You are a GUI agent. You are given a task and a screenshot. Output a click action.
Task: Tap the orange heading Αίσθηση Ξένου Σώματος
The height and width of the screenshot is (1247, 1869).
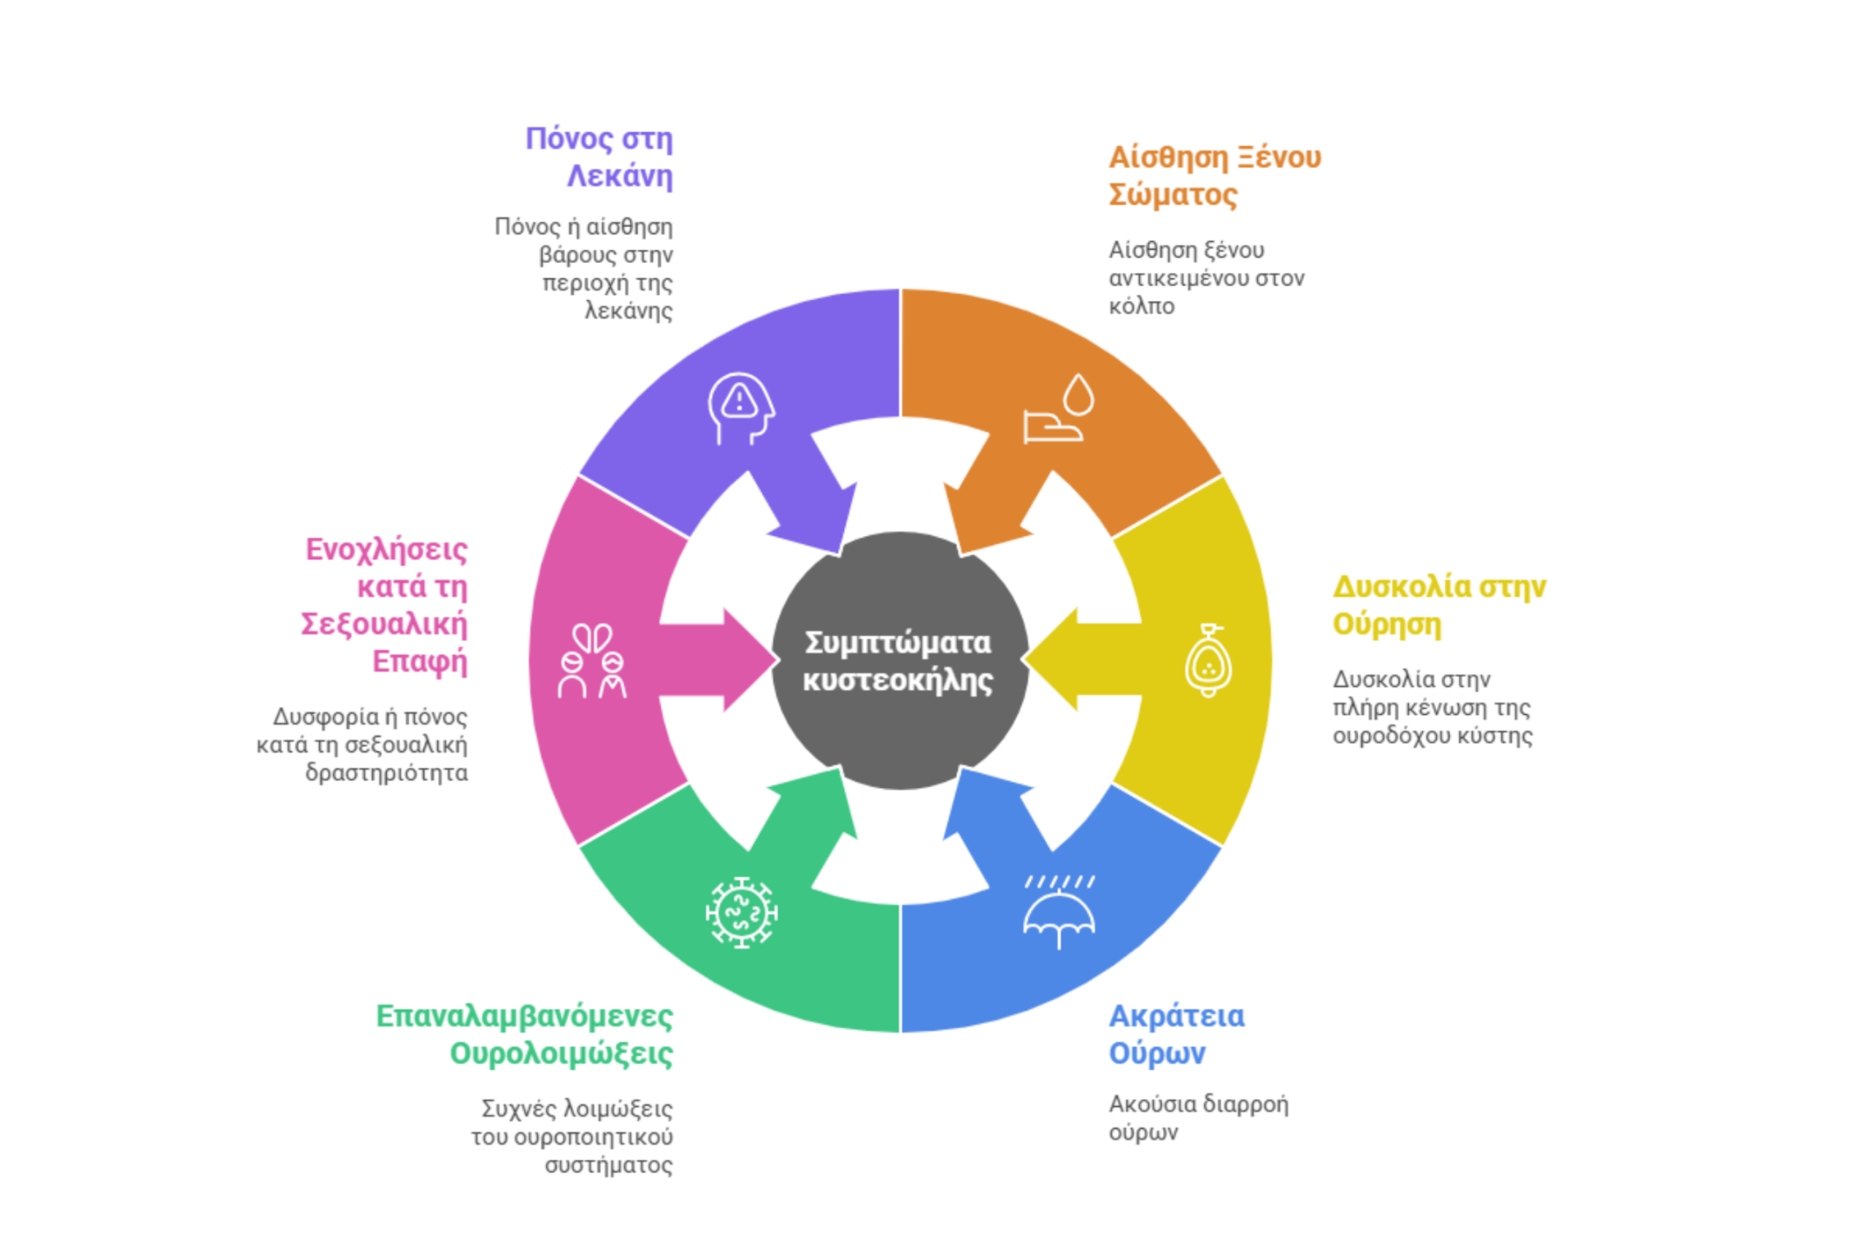(1213, 176)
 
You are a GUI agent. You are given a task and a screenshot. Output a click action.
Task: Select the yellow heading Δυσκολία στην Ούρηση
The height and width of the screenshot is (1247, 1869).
(1438, 605)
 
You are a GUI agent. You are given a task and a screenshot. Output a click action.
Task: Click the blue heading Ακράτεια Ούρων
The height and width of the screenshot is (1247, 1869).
(1176, 1034)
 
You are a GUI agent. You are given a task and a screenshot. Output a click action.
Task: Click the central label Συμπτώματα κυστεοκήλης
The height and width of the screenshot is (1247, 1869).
(899, 661)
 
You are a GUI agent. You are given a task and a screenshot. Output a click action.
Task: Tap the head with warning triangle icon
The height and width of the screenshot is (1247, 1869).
(740, 408)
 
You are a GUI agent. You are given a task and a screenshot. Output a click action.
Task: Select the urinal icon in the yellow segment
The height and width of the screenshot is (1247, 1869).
(1208, 660)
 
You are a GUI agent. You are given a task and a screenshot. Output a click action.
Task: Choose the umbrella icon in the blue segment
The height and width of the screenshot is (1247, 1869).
(1059, 912)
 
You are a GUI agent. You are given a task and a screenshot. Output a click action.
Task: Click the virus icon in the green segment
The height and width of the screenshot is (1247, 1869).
(741, 912)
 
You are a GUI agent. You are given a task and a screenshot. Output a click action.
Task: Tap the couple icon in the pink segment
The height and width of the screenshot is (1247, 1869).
(593, 660)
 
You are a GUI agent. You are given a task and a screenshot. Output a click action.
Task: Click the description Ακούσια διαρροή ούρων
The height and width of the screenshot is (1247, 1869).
(1198, 1117)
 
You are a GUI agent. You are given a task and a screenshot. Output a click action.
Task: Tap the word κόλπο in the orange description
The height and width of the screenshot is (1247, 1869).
(1141, 306)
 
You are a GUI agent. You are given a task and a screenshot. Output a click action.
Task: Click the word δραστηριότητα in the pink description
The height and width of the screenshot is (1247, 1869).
(386, 773)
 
